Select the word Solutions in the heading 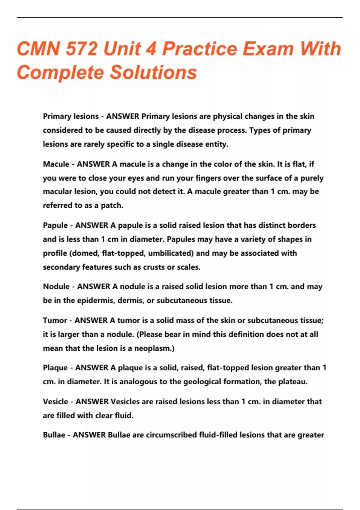click(x=153, y=72)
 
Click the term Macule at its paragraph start click(x=56, y=164)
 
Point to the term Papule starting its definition click(x=55, y=225)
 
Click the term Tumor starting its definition click(x=55, y=320)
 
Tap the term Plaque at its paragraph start click(x=55, y=368)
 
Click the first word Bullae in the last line click(x=54, y=435)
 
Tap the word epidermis click(x=95, y=301)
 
